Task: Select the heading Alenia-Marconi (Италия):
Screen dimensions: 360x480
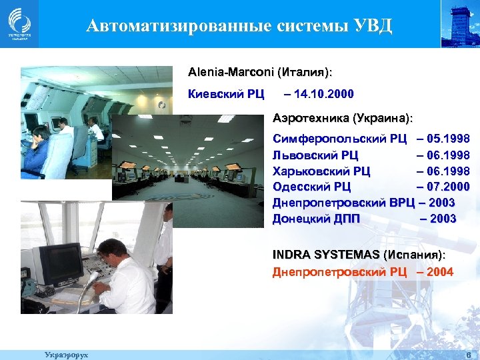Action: point(260,71)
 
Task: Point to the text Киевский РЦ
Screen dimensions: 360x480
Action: point(227,93)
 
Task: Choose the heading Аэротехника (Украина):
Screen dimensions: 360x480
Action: point(343,118)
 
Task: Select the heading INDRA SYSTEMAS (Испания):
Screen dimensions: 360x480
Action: point(359,255)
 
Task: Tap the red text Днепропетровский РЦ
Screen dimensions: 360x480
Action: point(339,272)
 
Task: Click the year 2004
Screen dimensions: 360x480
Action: point(440,272)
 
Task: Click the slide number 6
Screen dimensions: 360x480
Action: point(469,354)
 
